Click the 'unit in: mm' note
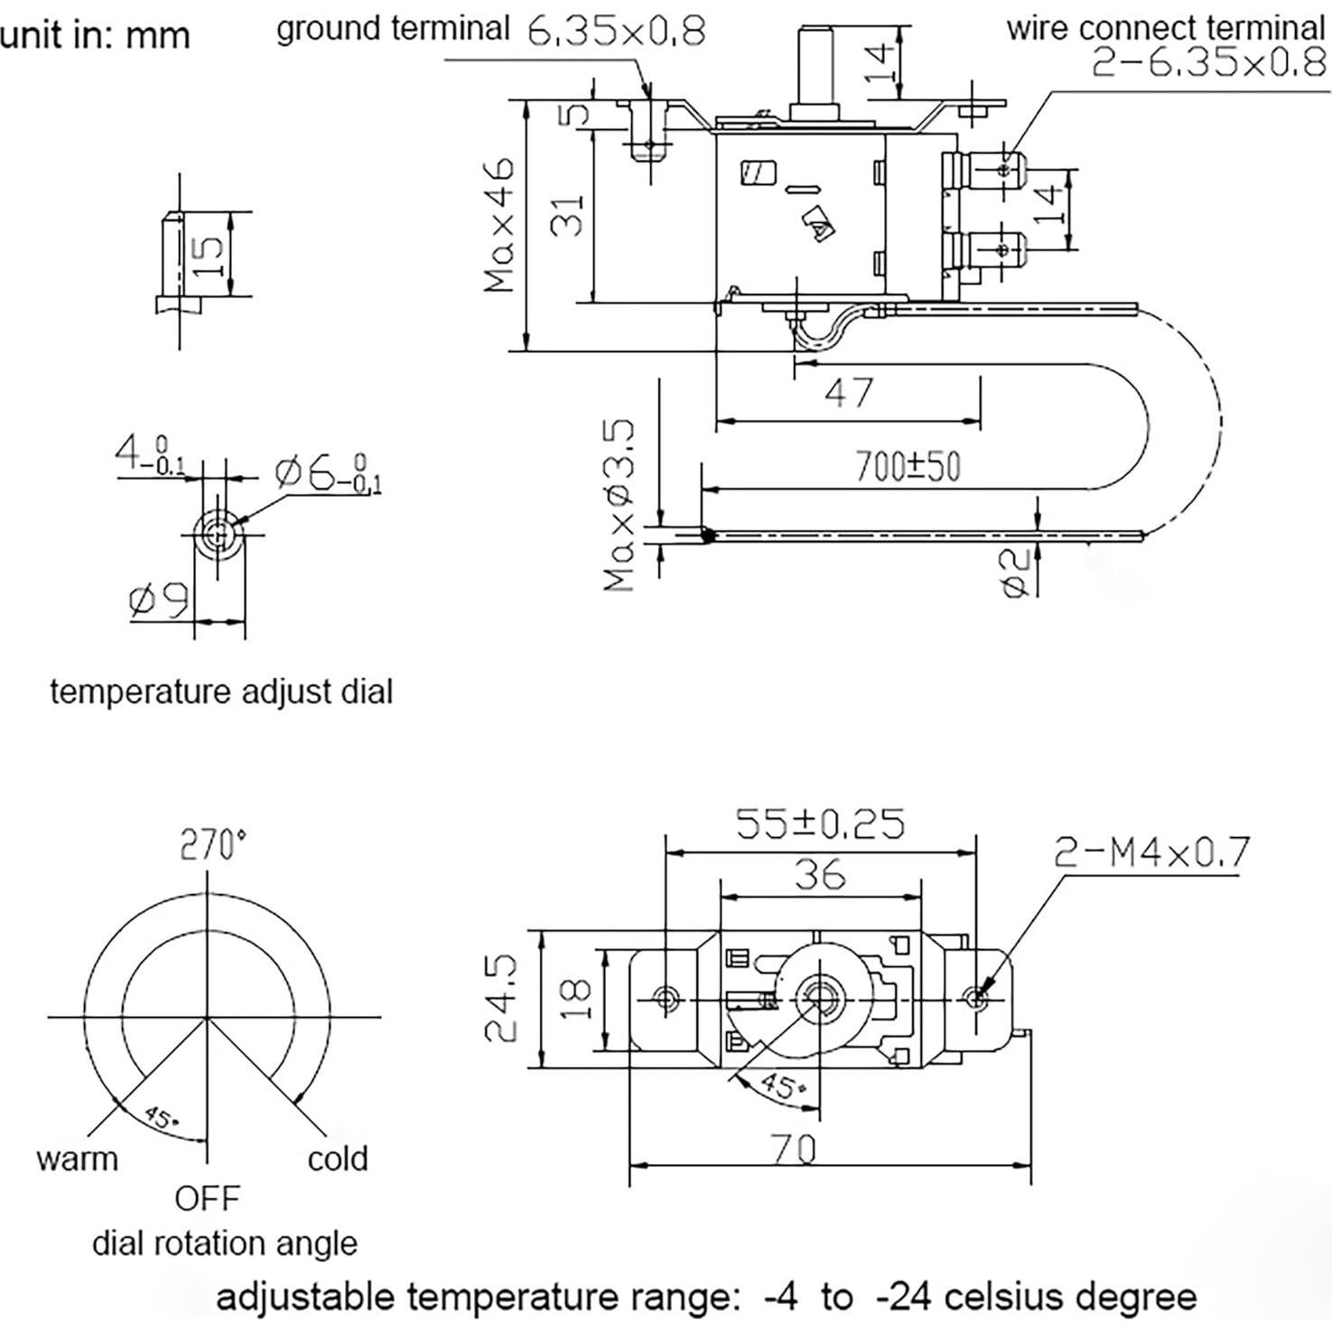[x=95, y=35]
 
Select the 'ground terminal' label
[x=393, y=28]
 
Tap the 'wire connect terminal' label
[x=1165, y=28]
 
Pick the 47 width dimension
[x=848, y=392]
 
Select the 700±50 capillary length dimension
[x=908, y=466]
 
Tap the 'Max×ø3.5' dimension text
[x=620, y=505]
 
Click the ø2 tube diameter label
[x=1016, y=573]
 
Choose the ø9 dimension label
[x=159, y=600]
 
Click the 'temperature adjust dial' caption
[x=221, y=692]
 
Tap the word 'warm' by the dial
[x=77, y=1158]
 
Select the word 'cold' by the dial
[x=338, y=1158]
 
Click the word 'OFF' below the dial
[x=208, y=1198]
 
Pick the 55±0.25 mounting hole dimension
[x=820, y=824]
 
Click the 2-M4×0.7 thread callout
[x=1152, y=851]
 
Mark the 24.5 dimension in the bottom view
[x=501, y=999]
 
